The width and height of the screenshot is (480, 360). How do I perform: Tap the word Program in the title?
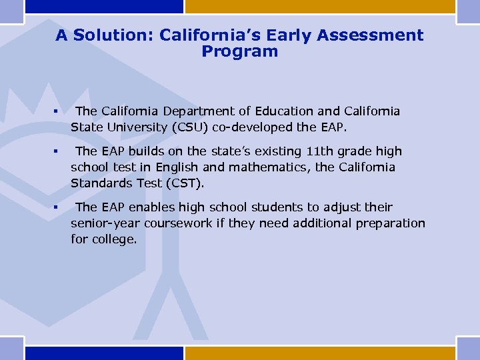pyautogui.click(x=239, y=51)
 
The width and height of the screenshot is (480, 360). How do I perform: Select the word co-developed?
pyautogui.click(x=254, y=127)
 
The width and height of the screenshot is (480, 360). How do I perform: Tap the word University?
pyautogui.click(x=131, y=127)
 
